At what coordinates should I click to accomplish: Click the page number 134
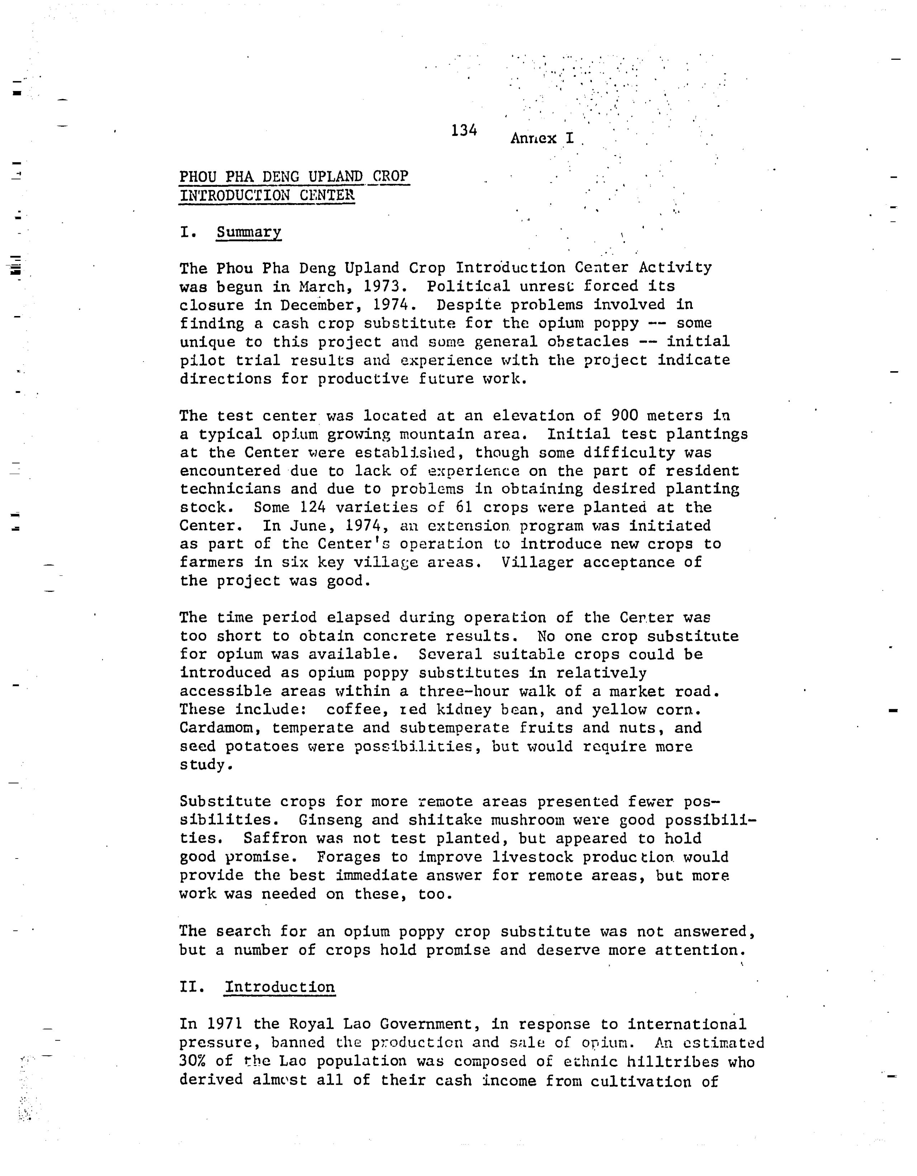coord(464,130)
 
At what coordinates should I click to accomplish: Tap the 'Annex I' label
coord(542,138)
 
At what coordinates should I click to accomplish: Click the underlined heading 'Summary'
coord(248,232)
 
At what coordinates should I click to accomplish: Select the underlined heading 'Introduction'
coord(280,987)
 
